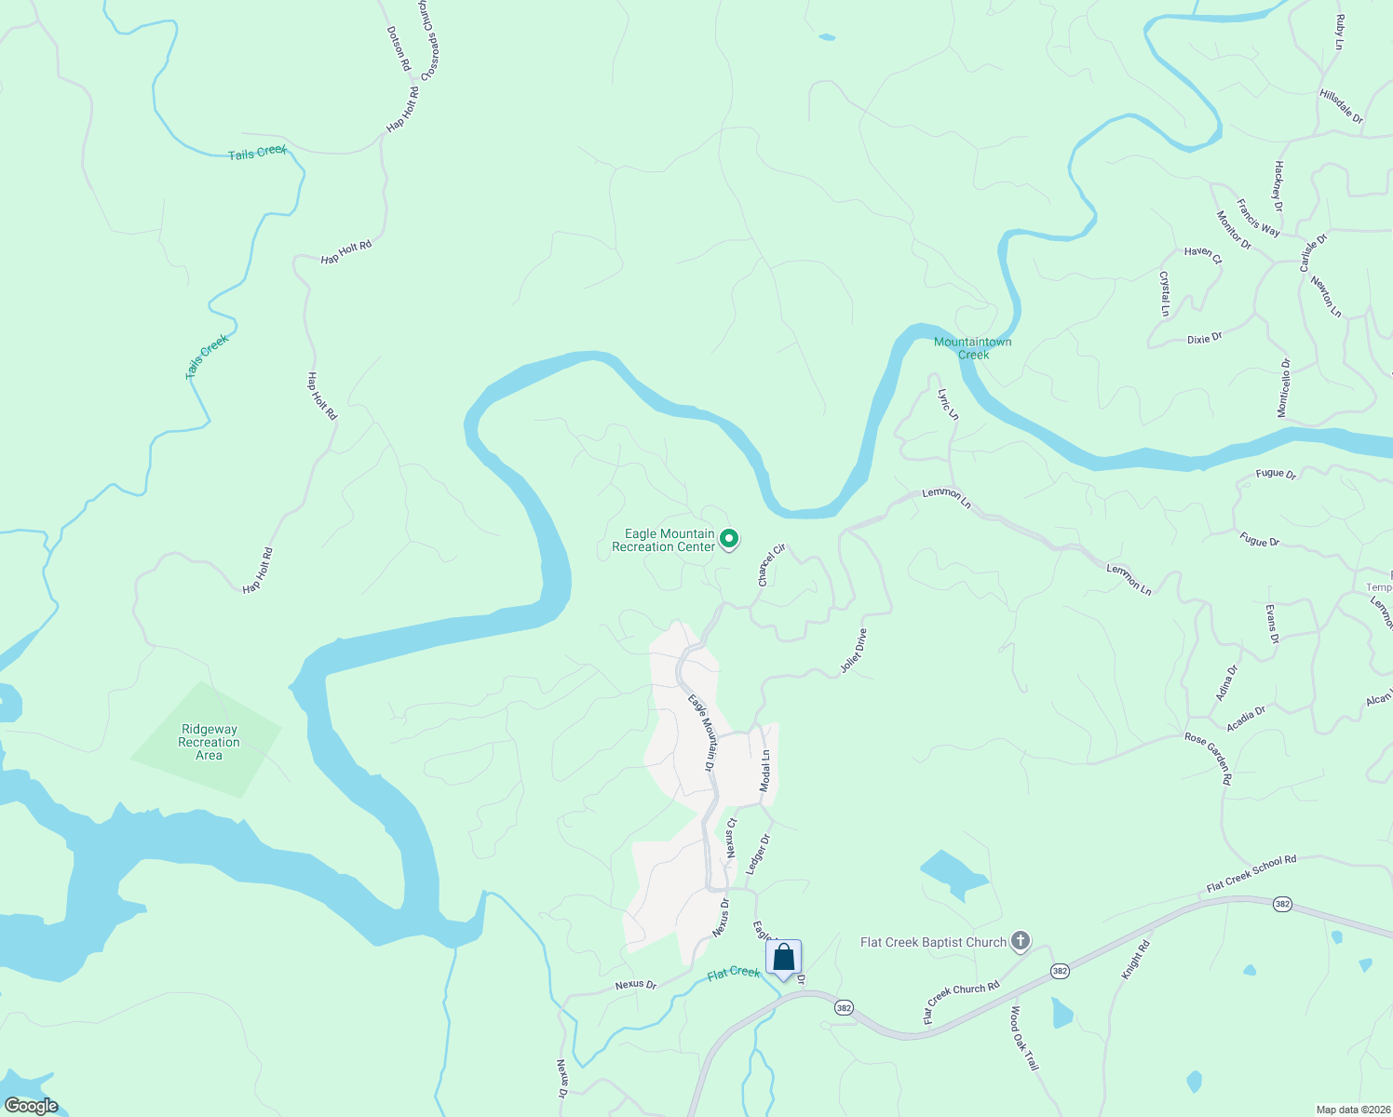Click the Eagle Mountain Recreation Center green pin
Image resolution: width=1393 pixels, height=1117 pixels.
[730, 538]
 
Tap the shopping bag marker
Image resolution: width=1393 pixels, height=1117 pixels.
[784, 958]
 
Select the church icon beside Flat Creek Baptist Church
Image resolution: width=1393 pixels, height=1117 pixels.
[1021, 941]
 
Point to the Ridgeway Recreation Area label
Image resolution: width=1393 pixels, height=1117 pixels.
[210, 742]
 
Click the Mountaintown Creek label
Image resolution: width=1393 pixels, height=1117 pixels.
[972, 348]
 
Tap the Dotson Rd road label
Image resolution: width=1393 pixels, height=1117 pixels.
[399, 48]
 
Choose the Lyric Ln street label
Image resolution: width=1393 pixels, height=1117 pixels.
[948, 404]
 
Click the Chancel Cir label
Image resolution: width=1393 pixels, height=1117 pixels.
[772, 565]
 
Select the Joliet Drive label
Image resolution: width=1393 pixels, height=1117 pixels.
[854, 651]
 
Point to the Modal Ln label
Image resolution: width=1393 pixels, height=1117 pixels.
[765, 771]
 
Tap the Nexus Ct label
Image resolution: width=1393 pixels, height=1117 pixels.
[732, 838]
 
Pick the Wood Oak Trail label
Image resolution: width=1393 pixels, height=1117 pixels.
[1023, 1038]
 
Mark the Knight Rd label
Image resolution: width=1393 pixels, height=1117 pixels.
[1136, 959]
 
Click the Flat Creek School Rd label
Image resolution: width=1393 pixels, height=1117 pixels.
[1251, 874]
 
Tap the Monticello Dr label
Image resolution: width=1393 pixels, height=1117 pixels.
[1284, 387]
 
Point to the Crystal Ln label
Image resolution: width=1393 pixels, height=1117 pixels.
[1164, 293]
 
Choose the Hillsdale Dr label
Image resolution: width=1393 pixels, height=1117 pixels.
[1341, 107]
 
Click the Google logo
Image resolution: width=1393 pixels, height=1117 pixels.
[32, 1106]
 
